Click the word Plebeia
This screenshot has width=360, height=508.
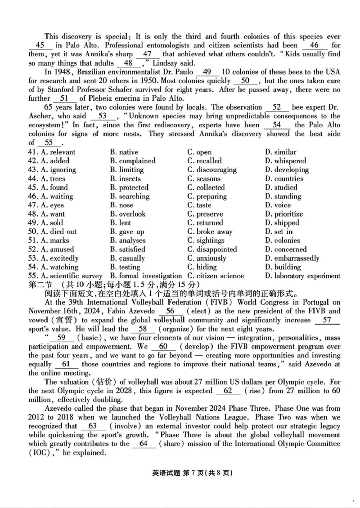click(x=100, y=98)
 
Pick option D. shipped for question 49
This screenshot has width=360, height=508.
click(x=282, y=223)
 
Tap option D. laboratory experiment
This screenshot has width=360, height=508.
click(x=302, y=276)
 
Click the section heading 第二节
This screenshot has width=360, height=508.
click(x=40, y=285)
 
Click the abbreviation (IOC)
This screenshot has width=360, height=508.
click(x=40, y=453)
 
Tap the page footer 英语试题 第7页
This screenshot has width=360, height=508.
click(x=180, y=473)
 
